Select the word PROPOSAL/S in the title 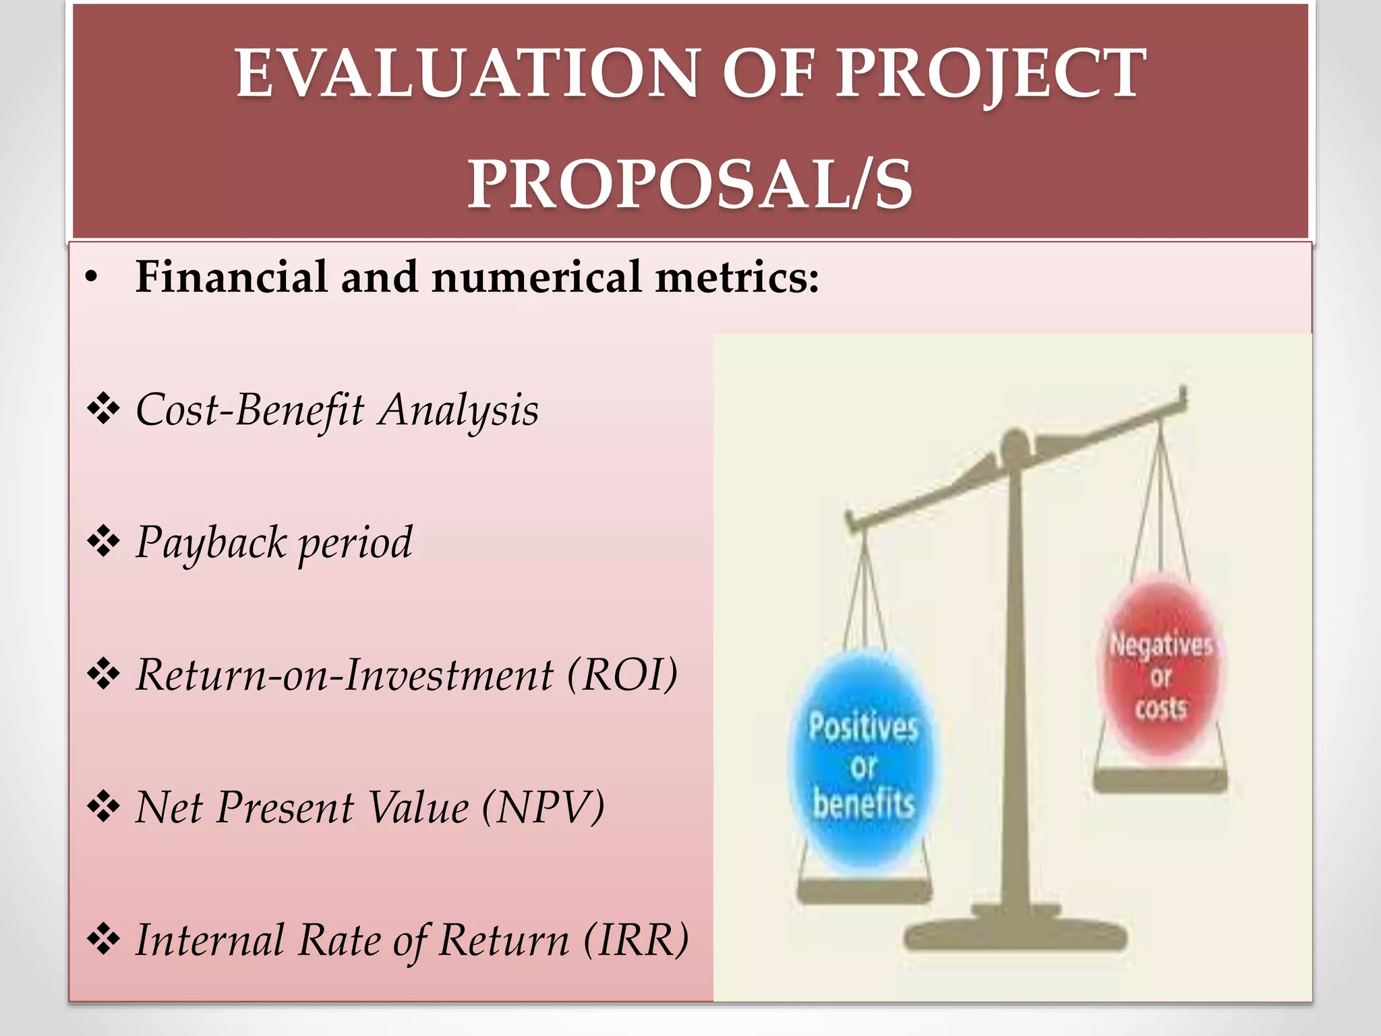(690, 183)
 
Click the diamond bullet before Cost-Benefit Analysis (103, 409)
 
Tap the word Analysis (458, 409)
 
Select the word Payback (211, 542)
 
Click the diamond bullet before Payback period (103, 542)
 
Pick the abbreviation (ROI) (622, 674)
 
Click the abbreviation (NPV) (543, 807)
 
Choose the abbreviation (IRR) (636, 940)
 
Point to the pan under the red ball (1160, 781)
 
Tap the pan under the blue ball (864, 892)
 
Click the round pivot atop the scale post (1013, 445)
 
